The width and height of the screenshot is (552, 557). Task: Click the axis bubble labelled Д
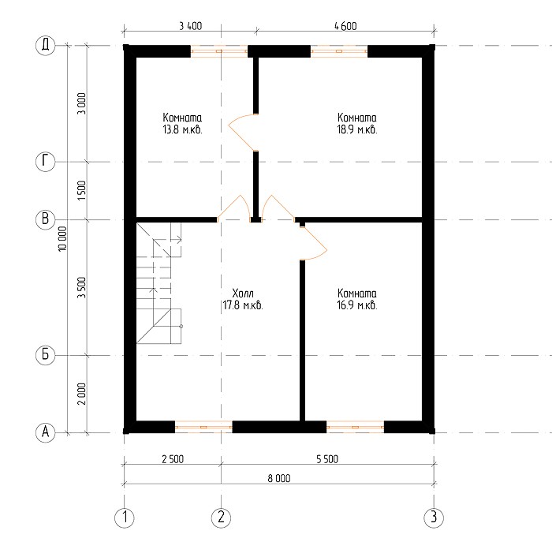click(46, 46)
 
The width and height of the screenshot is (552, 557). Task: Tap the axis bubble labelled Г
click(46, 162)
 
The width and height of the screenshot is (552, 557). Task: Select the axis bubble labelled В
click(46, 219)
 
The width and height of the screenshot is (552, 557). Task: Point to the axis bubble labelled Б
click(46, 355)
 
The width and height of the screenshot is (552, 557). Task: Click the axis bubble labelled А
click(46, 432)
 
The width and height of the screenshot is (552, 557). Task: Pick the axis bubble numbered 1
click(125, 518)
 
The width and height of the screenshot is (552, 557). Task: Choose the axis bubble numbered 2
click(221, 518)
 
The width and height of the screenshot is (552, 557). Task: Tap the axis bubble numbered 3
click(434, 518)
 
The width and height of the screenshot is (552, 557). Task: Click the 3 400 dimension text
click(191, 26)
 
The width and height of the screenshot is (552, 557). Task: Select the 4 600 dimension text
click(345, 26)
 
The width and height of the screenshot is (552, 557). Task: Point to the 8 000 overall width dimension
click(279, 478)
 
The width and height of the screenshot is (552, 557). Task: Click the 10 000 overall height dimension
click(62, 239)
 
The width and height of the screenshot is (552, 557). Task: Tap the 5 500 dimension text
click(327, 459)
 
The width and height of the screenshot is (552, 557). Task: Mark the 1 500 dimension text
click(82, 190)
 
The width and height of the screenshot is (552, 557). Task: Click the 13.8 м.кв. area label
click(182, 129)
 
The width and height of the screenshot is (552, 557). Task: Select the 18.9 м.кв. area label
click(357, 129)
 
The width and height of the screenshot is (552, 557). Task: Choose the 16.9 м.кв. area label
click(357, 305)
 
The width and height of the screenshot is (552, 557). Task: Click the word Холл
click(243, 293)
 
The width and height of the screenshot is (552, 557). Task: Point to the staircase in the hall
click(159, 283)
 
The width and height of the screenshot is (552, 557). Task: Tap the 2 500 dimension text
click(173, 459)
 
